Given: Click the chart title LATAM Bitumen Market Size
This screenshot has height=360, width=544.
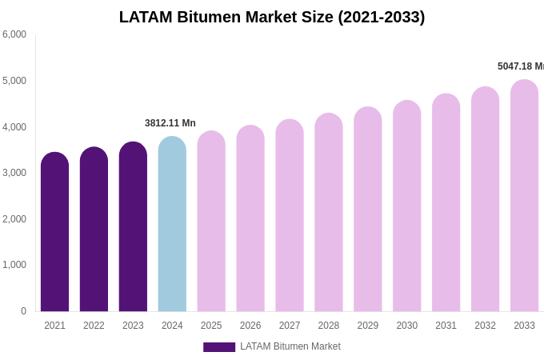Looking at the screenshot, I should (272, 17).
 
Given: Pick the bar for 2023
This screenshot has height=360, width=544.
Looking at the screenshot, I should (133, 227).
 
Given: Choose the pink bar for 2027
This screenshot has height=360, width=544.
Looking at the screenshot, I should (290, 216).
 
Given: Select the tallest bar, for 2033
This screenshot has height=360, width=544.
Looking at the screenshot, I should (524, 196).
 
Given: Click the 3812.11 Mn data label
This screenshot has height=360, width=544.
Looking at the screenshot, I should (170, 123).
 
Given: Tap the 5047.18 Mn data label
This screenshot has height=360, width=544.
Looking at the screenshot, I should (521, 66).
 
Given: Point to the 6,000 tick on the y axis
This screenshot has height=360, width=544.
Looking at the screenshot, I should (14, 34).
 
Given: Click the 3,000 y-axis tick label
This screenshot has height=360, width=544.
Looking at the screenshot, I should (14, 173).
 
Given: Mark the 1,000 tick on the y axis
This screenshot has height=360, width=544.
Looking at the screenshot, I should (14, 265).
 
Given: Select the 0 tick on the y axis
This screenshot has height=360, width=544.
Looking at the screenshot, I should (23, 311).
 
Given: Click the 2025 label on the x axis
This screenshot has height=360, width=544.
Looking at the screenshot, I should (211, 326).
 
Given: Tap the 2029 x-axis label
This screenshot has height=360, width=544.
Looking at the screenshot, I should (368, 326).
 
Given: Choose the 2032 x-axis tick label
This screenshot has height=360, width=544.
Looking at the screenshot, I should (485, 326).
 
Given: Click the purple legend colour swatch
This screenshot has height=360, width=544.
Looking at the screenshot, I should (219, 347).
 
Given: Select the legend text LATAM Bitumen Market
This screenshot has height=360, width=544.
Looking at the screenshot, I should (290, 346).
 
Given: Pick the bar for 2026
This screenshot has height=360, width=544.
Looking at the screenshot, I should (250, 218).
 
